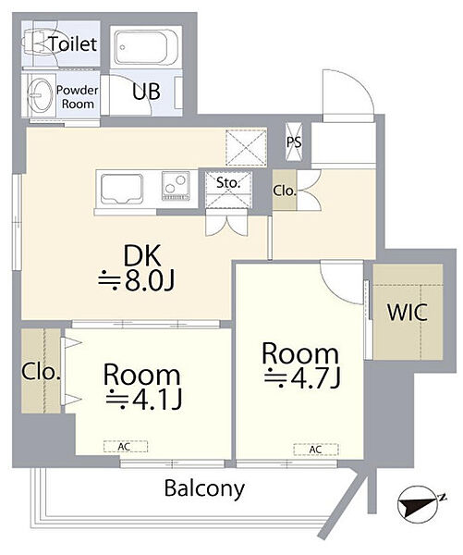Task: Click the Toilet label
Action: [72, 43]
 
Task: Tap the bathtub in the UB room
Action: [145, 48]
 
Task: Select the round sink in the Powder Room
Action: [39, 93]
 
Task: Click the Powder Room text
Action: [78, 97]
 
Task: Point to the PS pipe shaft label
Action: [294, 142]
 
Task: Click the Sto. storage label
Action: [228, 182]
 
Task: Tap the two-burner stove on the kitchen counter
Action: [176, 186]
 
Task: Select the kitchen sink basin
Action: [121, 189]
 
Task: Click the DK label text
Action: [141, 255]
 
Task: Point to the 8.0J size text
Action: [137, 282]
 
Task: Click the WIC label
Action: [408, 313]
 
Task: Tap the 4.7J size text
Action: [303, 378]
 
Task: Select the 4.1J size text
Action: [144, 400]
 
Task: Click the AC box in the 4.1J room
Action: [126, 447]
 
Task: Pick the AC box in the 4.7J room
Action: [316, 450]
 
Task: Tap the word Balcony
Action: [204, 489]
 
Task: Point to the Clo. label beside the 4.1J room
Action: [41, 372]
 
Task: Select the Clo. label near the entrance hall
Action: [284, 191]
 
